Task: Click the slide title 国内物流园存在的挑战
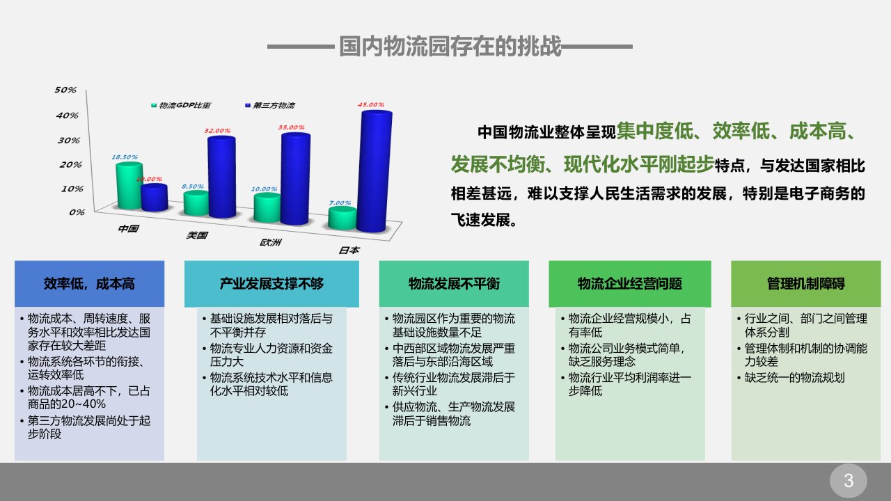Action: click(450, 46)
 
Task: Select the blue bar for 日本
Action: click(374, 171)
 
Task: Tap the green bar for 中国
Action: click(129, 186)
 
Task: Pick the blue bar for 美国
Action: click(221, 177)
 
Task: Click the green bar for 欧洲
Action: click(267, 207)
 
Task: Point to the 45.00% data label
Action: click(371, 104)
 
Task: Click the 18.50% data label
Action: click(125, 157)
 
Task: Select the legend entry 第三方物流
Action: click(269, 105)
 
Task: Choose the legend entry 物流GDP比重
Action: click(180, 105)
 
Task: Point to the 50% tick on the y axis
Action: click(65, 90)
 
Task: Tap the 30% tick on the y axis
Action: click(68, 141)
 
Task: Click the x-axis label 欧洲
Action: click(271, 242)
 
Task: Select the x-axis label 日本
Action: click(349, 250)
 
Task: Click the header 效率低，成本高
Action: click(90, 284)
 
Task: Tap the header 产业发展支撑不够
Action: click(271, 284)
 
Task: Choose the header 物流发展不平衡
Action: click(454, 284)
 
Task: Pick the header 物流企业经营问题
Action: click(630, 284)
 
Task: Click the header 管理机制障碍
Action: click(806, 284)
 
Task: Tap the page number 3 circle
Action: click(849, 481)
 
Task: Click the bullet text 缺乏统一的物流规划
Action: click(794, 378)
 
